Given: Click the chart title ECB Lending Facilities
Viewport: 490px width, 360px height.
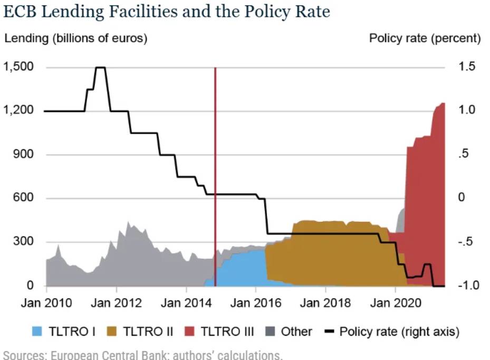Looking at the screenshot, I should click(166, 12).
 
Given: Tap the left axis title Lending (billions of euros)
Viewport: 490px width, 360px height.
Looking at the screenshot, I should click(75, 38).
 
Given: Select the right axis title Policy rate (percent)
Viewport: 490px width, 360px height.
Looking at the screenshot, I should click(425, 38).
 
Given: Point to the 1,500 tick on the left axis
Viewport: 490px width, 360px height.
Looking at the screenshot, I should click(18, 67).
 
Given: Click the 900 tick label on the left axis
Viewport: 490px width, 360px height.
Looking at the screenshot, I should click(24, 155).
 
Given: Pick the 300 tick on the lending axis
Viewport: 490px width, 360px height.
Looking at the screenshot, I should click(24, 242).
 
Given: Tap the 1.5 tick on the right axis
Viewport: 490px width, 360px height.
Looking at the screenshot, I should click(467, 67).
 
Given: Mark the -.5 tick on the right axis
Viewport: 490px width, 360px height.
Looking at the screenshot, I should click(466, 242).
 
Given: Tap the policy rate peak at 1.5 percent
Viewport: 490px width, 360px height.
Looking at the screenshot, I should click(100, 68).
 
